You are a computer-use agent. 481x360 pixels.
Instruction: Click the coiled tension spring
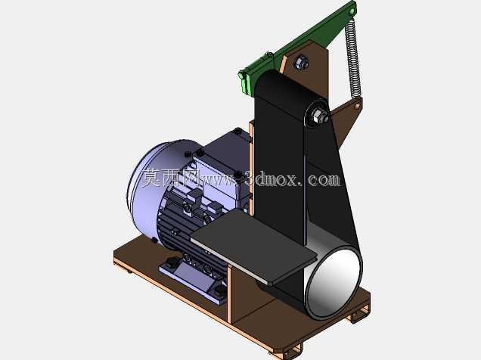(x=353, y=57)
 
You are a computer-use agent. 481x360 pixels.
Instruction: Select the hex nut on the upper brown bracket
(x=301, y=63)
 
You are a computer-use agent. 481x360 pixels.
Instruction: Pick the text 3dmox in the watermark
(x=272, y=179)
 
